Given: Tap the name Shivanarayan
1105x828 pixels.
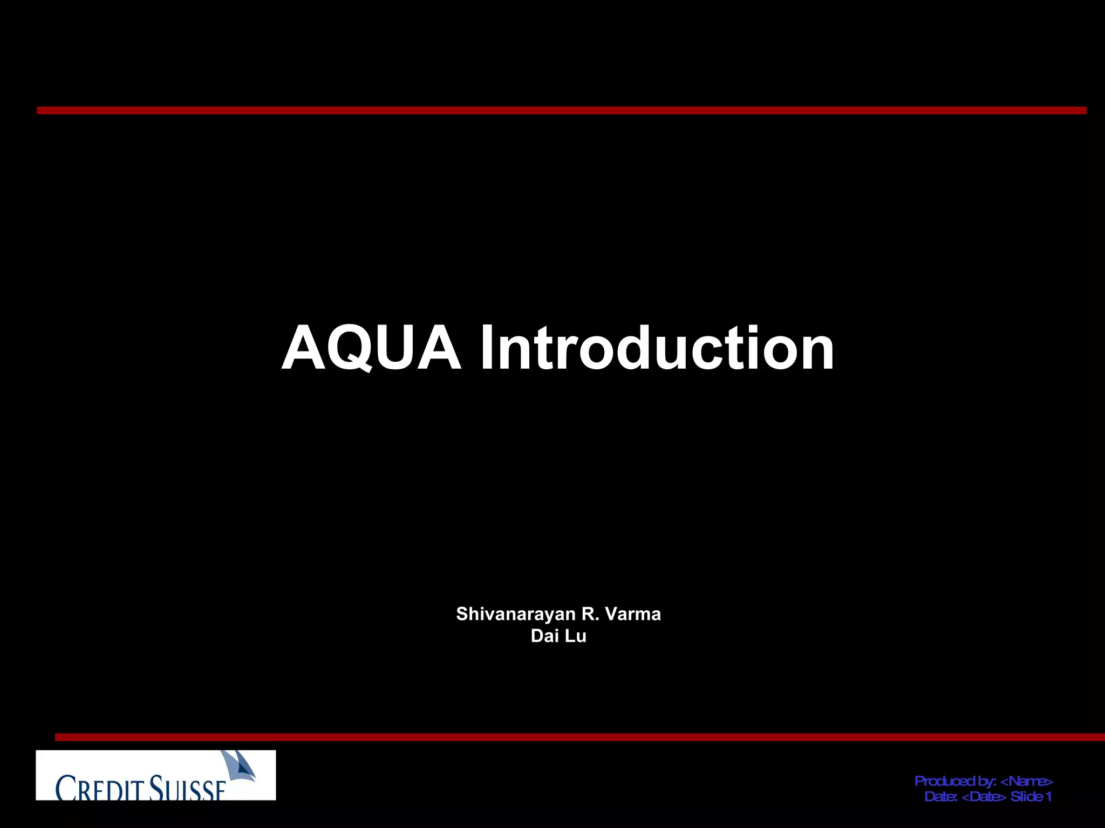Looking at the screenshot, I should [515, 614].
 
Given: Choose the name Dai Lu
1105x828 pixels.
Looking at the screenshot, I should [558, 636].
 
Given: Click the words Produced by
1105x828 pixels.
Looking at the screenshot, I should [954, 781].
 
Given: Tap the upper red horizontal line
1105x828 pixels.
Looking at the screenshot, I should [561, 111].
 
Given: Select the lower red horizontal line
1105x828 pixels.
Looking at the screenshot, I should [580, 737].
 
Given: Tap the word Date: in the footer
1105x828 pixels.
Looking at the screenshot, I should [941, 797].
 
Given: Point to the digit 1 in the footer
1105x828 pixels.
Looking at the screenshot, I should [1048, 797].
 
